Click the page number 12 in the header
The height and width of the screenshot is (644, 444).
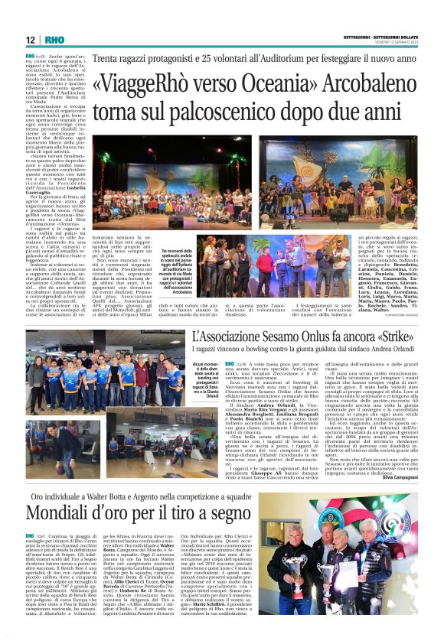pos(30,40)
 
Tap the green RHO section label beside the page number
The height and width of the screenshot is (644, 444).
pos(54,40)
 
